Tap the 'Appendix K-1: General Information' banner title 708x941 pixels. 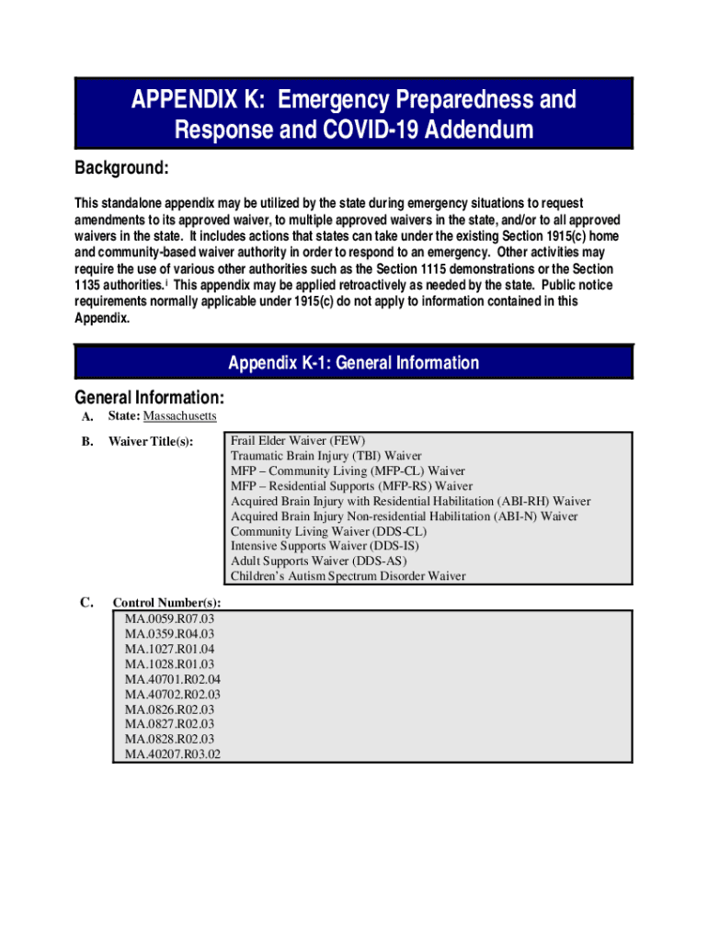click(353, 363)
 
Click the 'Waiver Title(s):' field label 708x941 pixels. click(151, 442)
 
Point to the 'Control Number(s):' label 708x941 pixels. click(166, 603)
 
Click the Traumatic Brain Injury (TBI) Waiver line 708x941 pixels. click(325, 456)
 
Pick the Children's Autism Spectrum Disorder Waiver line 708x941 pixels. click(348, 576)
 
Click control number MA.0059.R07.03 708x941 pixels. click(169, 618)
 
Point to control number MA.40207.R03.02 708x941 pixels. click(173, 754)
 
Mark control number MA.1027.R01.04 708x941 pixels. click(169, 649)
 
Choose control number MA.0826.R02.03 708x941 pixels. click(169, 709)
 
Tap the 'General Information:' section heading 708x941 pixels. click(149, 398)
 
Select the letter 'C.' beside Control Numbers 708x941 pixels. click(87, 602)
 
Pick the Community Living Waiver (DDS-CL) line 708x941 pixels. click(328, 531)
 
